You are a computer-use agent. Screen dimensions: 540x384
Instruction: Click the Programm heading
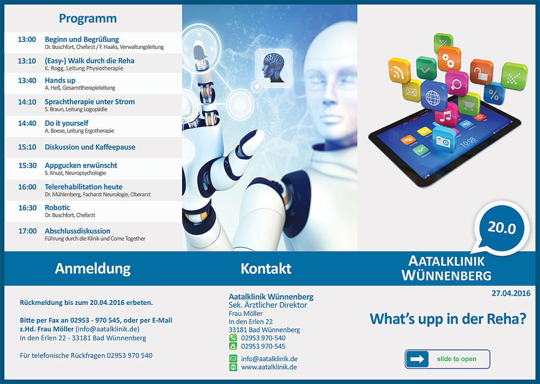click(x=88, y=18)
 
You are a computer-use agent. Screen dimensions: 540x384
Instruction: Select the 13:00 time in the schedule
click(x=27, y=40)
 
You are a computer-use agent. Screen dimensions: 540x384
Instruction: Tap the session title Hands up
click(x=60, y=81)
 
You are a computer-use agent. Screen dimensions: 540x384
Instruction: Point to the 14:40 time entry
click(x=27, y=123)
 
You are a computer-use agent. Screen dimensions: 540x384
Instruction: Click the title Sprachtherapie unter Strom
click(x=90, y=102)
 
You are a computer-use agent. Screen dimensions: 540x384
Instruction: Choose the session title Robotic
click(x=57, y=208)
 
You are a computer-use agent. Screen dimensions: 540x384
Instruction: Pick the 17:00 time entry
click(x=27, y=231)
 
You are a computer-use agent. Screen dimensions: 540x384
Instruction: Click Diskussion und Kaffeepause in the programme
click(x=90, y=147)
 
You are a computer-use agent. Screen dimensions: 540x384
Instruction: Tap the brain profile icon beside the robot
click(x=274, y=68)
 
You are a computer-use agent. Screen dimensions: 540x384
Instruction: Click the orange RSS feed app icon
click(x=399, y=71)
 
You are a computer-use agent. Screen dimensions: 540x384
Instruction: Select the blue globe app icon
click(x=433, y=97)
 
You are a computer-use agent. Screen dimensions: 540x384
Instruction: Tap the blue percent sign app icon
click(x=494, y=94)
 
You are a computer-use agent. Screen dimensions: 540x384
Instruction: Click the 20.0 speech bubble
click(x=501, y=228)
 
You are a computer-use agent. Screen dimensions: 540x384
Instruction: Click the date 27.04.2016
click(x=511, y=293)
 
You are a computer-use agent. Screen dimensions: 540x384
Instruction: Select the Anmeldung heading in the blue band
click(x=93, y=269)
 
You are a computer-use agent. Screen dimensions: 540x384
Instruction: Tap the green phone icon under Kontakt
click(x=233, y=338)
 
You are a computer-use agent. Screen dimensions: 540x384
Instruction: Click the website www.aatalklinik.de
click(x=269, y=367)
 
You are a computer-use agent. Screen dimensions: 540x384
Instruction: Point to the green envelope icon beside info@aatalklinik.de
click(x=233, y=359)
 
